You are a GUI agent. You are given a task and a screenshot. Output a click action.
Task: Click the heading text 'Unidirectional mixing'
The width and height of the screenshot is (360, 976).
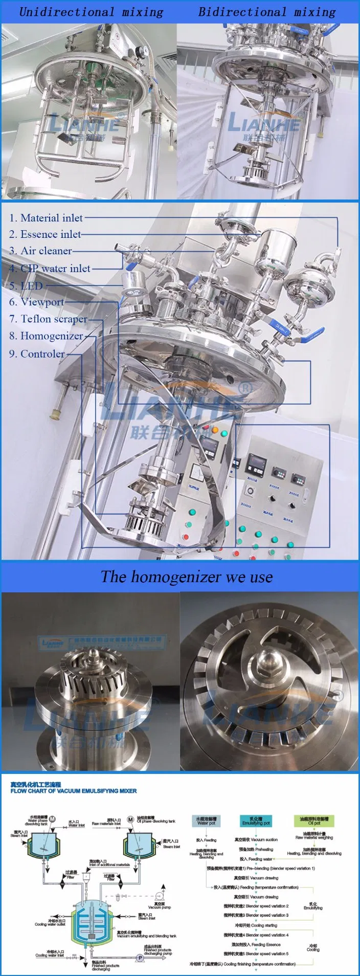(91, 12)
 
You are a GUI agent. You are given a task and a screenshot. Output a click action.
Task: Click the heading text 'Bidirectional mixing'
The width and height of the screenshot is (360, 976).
(266, 12)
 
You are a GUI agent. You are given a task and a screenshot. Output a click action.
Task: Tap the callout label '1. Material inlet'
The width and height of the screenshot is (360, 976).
(46, 218)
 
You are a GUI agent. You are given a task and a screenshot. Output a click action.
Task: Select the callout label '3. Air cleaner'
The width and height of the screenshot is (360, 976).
(40, 251)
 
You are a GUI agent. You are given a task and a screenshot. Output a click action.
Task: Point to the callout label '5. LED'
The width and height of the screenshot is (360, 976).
(26, 285)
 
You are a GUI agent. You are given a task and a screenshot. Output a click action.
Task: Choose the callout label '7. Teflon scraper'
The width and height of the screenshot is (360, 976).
(48, 319)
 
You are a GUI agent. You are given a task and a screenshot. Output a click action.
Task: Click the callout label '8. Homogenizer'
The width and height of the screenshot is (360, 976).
(46, 336)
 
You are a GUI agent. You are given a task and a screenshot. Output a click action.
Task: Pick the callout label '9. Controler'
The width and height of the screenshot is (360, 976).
(37, 353)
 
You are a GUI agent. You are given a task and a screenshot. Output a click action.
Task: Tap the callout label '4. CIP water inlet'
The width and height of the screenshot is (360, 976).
(50, 268)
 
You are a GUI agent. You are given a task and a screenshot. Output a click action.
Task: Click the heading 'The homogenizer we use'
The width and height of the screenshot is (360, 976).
(186, 577)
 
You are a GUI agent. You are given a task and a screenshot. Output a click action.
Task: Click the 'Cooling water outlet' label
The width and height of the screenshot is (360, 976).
(50, 923)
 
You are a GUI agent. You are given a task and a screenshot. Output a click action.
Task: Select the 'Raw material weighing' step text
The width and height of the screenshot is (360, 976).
(313, 837)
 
